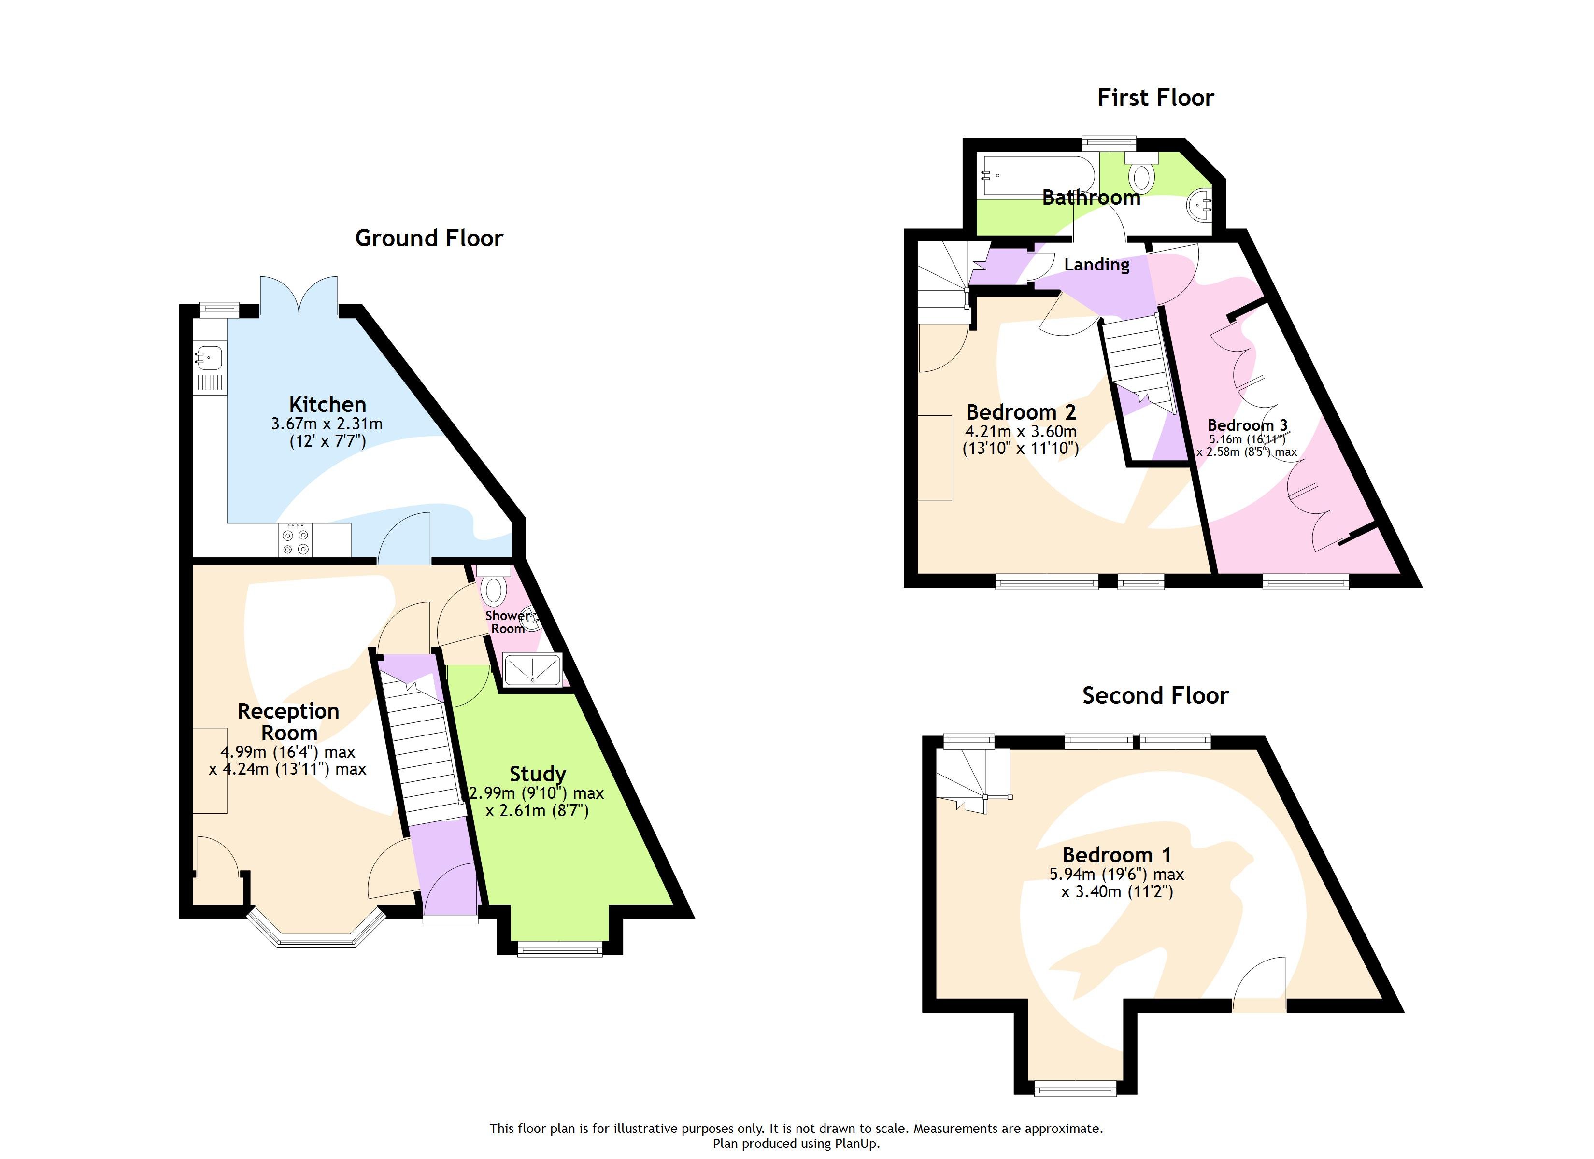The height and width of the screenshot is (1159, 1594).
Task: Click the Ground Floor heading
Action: point(429,238)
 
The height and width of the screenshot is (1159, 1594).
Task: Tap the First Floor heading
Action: point(1155,98)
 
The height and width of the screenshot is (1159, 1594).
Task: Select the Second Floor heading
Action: point(1155,695)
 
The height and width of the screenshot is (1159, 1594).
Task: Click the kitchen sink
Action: point(210,357)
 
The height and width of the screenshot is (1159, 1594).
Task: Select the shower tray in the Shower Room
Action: point(533,669)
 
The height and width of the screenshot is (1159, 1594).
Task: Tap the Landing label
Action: point(1096,265)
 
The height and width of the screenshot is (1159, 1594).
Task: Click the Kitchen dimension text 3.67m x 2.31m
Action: point(327,424)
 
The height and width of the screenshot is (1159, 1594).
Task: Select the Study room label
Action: point(538,774)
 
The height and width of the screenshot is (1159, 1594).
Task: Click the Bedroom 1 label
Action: point(1117,855)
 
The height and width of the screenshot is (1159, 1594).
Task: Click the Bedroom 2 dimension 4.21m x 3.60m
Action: point(1021,432)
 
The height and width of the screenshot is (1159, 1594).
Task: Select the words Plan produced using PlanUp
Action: point(797,1144)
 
